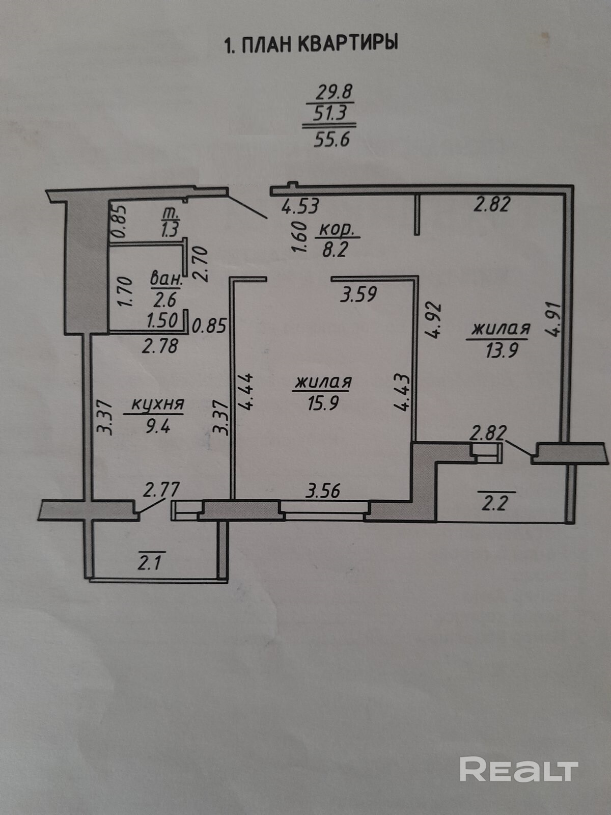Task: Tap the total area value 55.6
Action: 331,139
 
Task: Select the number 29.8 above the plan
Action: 335,93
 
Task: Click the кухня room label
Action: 157,404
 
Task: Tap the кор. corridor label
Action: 339,230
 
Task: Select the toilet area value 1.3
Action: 169,230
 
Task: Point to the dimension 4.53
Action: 300,206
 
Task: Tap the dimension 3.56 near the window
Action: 322,492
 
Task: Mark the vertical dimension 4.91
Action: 556,319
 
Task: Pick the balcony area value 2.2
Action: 494,504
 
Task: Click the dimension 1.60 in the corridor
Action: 300,237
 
